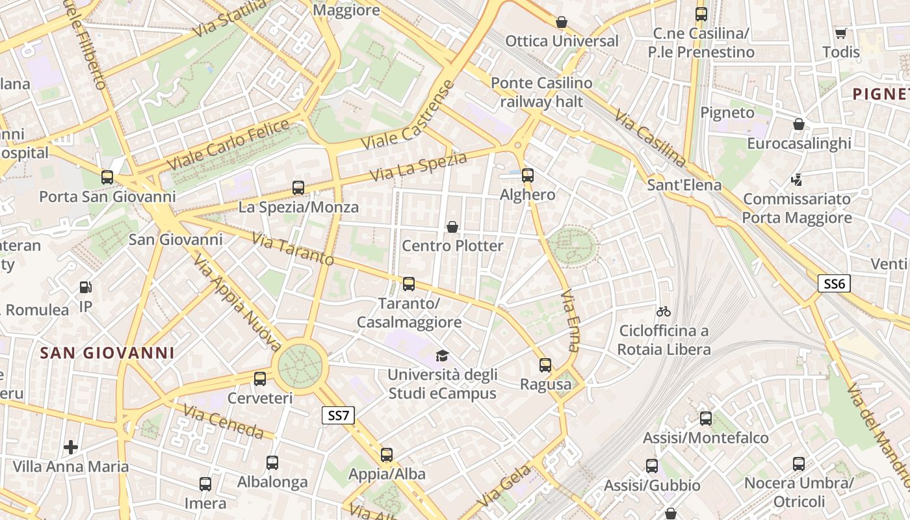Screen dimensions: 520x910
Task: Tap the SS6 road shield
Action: pyautogui.click(x=834, y=283)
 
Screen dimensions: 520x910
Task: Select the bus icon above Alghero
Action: pyautogui.click(x=527, y=175)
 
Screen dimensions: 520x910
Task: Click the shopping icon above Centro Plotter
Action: pyautogui.click(x=452, y=227)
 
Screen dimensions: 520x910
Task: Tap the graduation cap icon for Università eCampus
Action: pyautogui.click(x=442, y=356)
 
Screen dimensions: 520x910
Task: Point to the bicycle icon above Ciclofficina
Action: pyautogui.click(x=664, y=311)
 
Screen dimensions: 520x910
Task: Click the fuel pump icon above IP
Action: pyautogui.click(x=85, y=287)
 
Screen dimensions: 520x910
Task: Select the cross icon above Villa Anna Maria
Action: pyautogui.click(x=71, y=447)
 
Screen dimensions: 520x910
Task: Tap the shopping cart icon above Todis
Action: pyautogui.click(x=840, y=33)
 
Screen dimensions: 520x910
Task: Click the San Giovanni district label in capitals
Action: pyautogui.click(x=107, y=353)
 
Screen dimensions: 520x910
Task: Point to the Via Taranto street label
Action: pyautogui.click(x=293, y=250)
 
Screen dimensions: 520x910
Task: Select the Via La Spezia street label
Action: pyautogui.click(x=419, y=167)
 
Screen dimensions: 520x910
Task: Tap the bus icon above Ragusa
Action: pyautogui.click(x=545, y=365)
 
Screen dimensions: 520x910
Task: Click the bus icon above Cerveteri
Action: pyautogui.click(x=260, y=379)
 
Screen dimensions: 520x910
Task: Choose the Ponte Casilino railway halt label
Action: pyautogui.click(x=541, y=92)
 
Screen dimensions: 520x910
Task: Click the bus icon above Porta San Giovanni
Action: pyautogui.click(x=107, y=177)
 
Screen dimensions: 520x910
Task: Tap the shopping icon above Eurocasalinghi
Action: pyautogui.click(x=799, y=124)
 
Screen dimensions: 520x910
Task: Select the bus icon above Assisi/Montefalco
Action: pyautogui.click(x=705, y=419)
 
